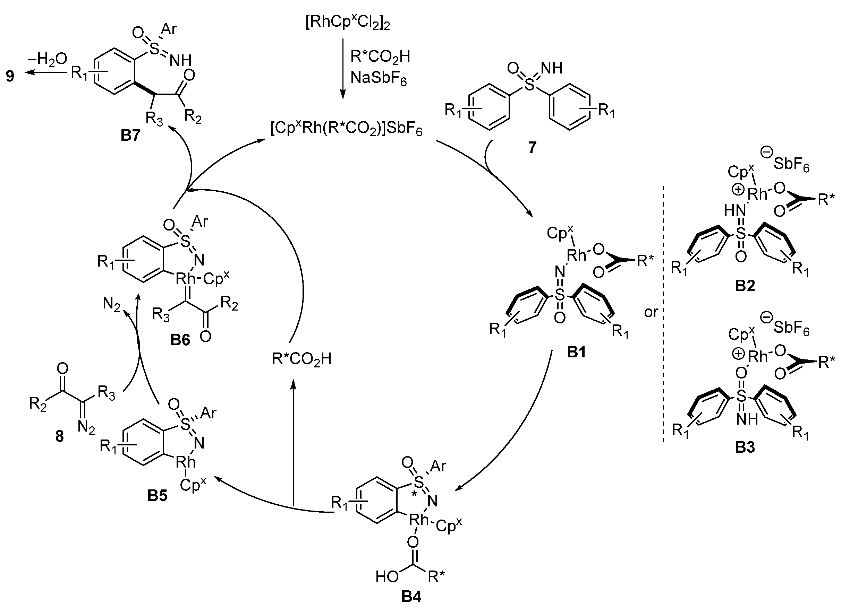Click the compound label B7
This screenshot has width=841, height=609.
tap(130, 136)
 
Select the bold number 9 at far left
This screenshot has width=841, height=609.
tap(10, 76)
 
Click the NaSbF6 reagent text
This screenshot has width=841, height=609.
tap(379, 78)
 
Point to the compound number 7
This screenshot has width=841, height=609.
tap(532, 147)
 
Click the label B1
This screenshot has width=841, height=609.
tap(577, 352)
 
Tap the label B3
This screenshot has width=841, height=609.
tap(745, 447)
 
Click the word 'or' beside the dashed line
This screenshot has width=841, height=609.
tap(651, 312)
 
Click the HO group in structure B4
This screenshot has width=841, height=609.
tap(387, 576)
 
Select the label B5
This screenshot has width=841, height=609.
tap(157, 496)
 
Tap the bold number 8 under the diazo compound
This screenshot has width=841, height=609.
tap(59, 436)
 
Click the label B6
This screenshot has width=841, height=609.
tap(180, 340)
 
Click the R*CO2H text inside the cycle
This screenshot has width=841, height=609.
tap(301, 359)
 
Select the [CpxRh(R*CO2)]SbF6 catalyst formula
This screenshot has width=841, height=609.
tap(346, 130)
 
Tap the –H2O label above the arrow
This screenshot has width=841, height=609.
tap(47, 59)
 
